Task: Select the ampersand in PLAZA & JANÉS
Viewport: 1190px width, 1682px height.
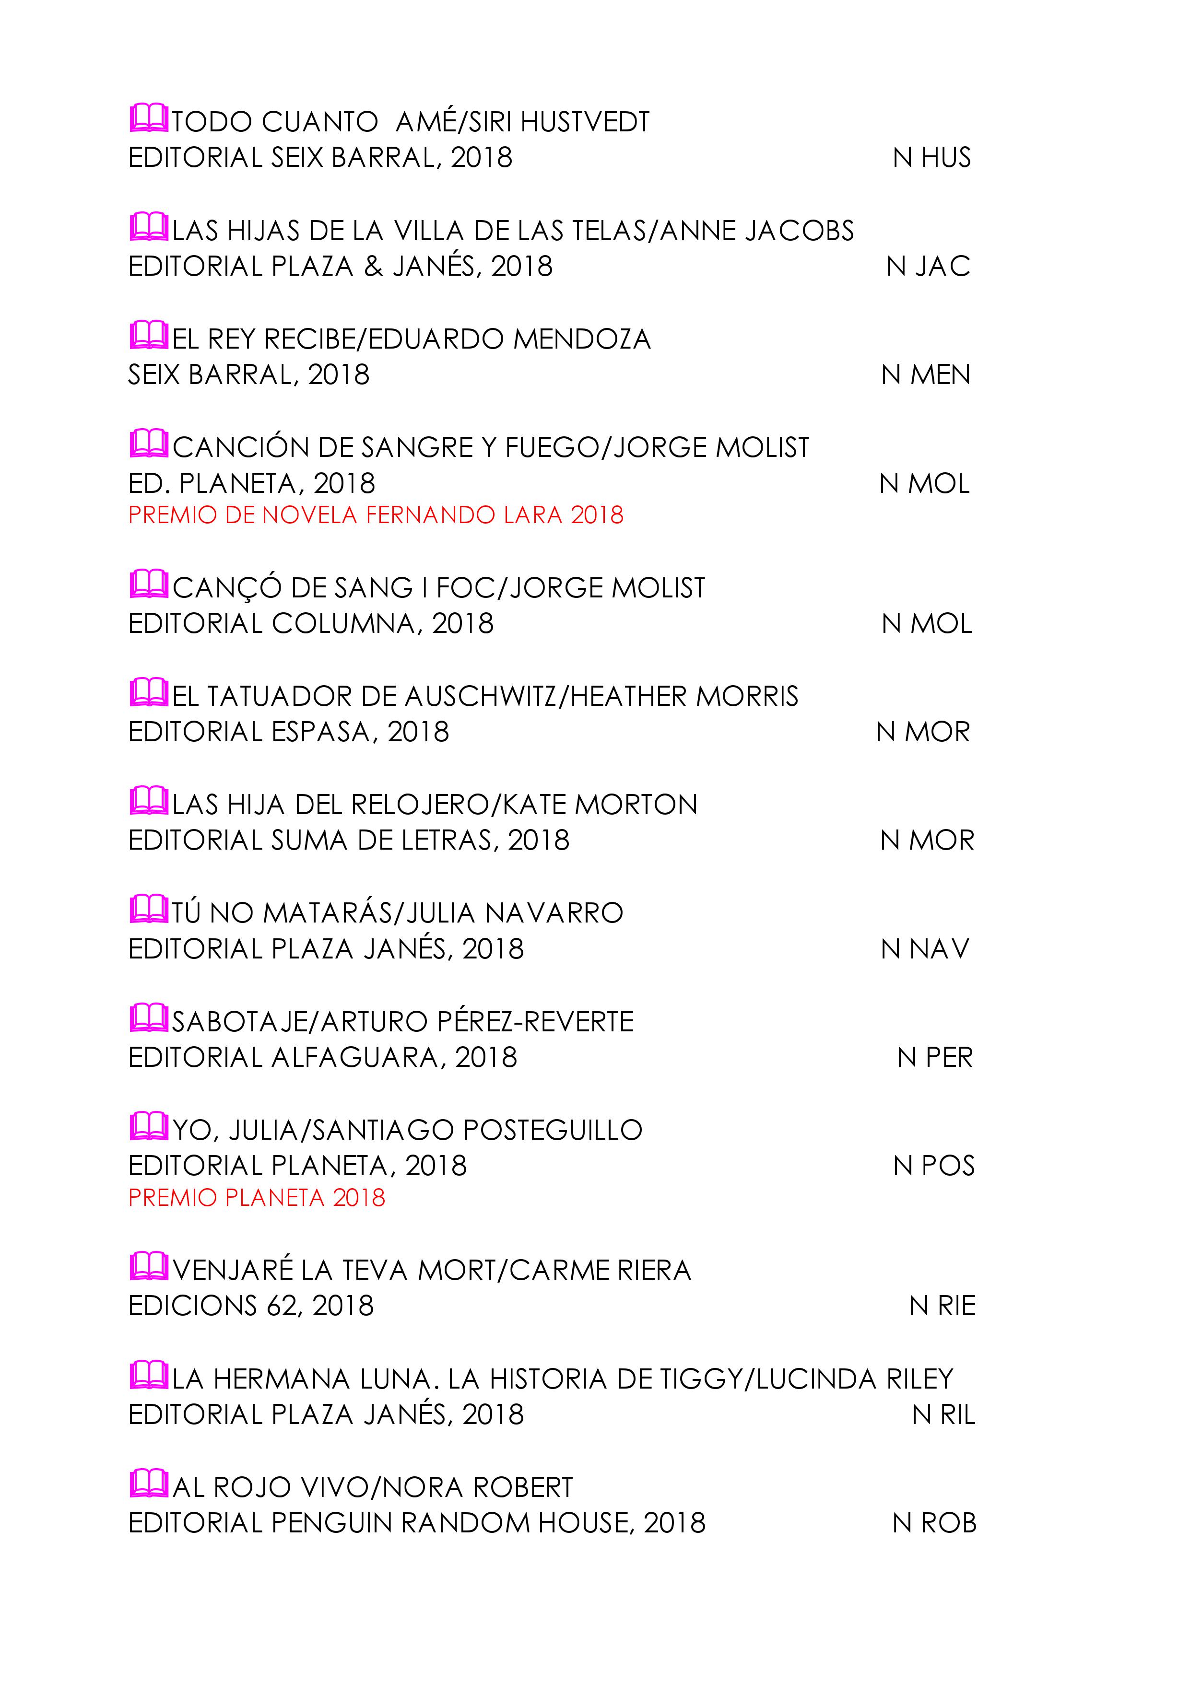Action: pyautogui.click(x=373, y=266)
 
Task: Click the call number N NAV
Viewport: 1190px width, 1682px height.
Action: pyautogui.click(x=925, y=949)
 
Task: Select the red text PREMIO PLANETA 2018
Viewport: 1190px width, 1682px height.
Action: pyautogui.click(x=257, y=1198)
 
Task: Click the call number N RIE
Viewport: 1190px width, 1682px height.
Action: pyautogui.click(x=943, y=1306)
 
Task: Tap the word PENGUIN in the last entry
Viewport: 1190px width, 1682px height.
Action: pyautogui.click(x=333, y=1523)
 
